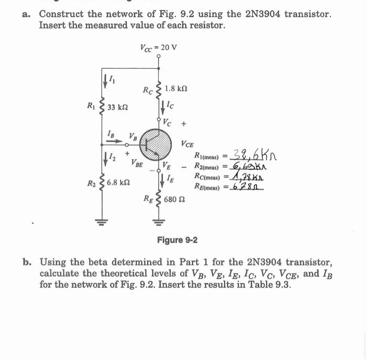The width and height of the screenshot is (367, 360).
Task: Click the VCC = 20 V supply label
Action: click(x=158, y=48)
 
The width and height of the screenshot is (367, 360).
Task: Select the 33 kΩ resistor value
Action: click(x=117, y=107)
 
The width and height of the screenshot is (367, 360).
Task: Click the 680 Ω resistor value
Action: click(x=174, y=200)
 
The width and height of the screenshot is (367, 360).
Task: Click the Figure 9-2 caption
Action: click(x=177, y=240)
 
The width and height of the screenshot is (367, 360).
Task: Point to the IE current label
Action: click(x=170, y=179)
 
